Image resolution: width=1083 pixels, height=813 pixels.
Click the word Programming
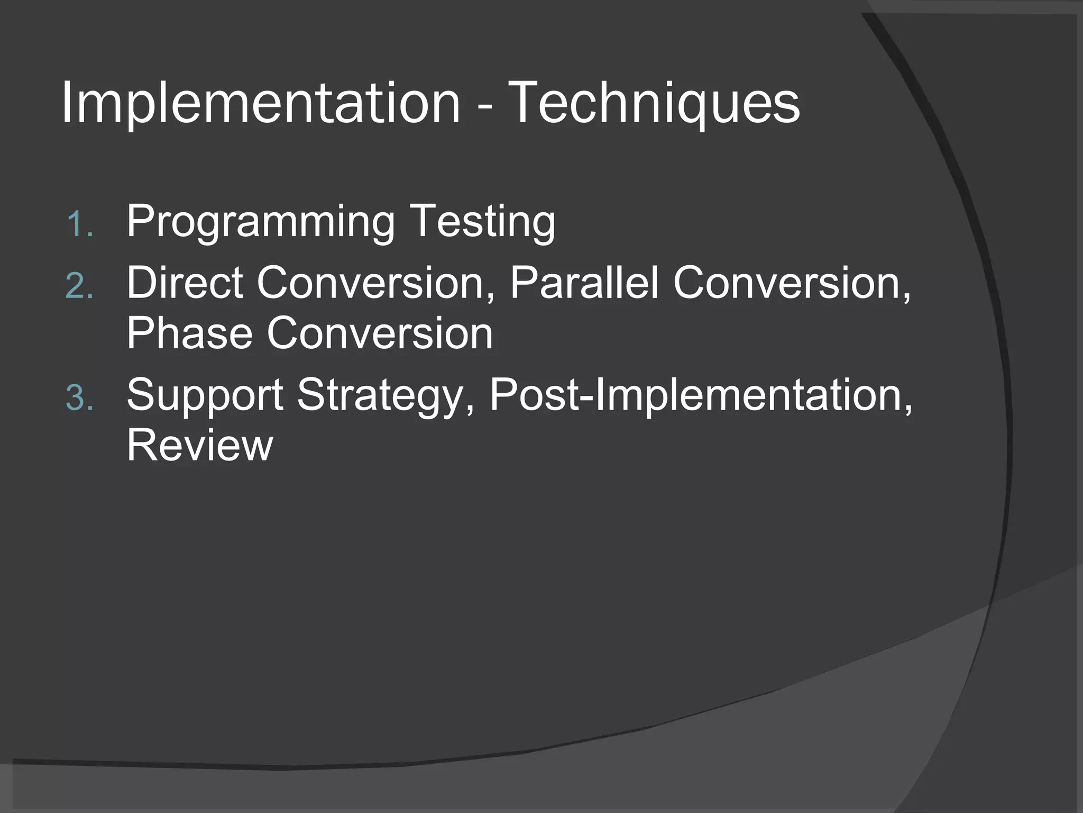(260, 222)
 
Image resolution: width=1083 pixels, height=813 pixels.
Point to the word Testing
(482, 222)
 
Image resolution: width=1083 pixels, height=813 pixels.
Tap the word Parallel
(584, 283)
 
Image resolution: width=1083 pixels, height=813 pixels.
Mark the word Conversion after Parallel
(788, 283)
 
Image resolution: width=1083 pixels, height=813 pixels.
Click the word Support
(205, 396)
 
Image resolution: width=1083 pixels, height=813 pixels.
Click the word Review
(199, 446)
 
